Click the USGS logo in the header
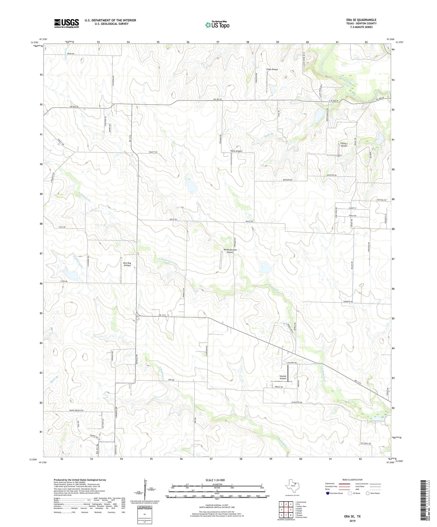[67, 23]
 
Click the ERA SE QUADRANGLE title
[361, 20]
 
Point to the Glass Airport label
[272, 69]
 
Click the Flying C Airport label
[344, 145]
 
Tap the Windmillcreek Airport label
[230, 251]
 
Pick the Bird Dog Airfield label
[127, 264]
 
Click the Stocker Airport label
[283, 377]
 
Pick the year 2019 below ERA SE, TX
[352, 521]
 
